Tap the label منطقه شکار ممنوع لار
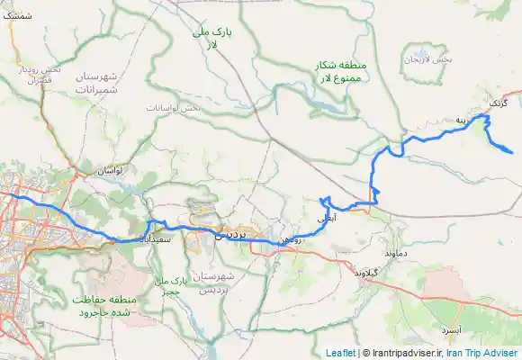[338, 73]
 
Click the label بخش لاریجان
[427, 59]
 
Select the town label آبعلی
[328, 218]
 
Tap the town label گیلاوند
[370, 271]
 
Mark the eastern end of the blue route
[512, 152]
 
